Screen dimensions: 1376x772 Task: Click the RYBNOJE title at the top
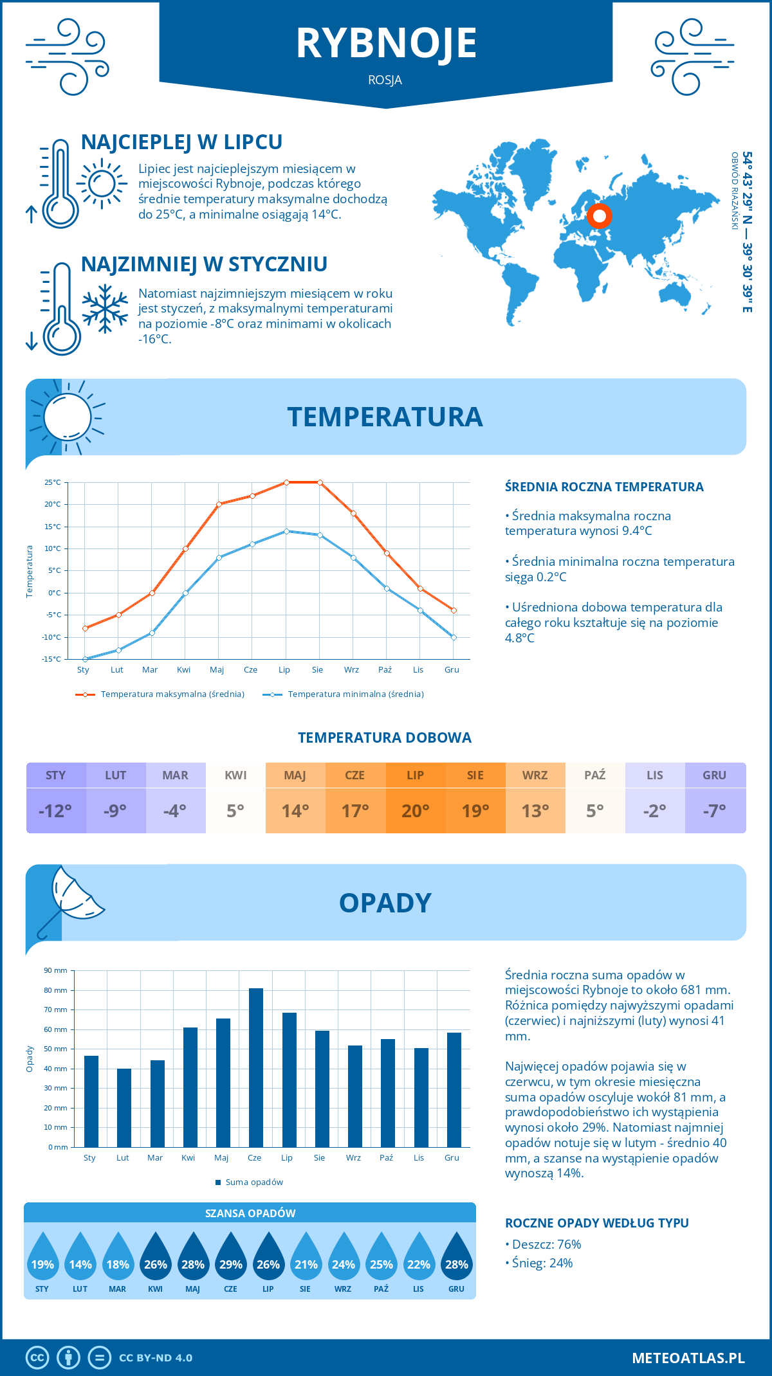point(386,44)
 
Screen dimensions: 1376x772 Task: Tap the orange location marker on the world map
point(599,216)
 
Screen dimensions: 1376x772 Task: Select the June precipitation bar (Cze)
point(255,1067)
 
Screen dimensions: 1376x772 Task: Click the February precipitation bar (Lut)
point(124,1107)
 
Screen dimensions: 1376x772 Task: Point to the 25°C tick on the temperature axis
point(53,482)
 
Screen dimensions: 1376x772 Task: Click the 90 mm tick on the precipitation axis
point(56,970)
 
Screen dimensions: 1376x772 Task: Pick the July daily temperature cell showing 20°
point(415,810)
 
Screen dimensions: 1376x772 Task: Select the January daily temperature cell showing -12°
point(55,810)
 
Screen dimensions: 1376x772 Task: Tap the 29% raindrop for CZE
point(230,1257)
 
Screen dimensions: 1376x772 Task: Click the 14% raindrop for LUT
point(80,1257)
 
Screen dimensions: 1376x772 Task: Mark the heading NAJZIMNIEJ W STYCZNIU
point(204,264)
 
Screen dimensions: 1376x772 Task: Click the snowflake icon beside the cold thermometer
point(105,309)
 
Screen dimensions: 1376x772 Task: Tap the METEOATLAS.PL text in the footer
point(688,1357)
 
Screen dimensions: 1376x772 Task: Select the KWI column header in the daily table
point(235,775)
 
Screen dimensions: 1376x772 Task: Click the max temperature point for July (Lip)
point(286,482)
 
